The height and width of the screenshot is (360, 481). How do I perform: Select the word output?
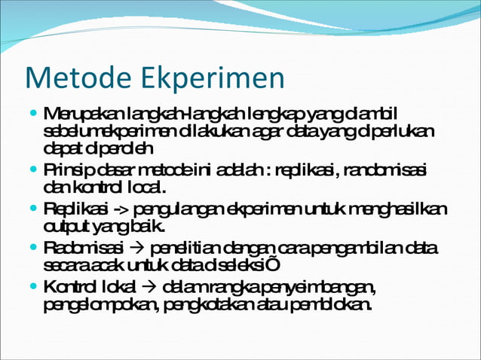pyautogui.click(x=61, y=225)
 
